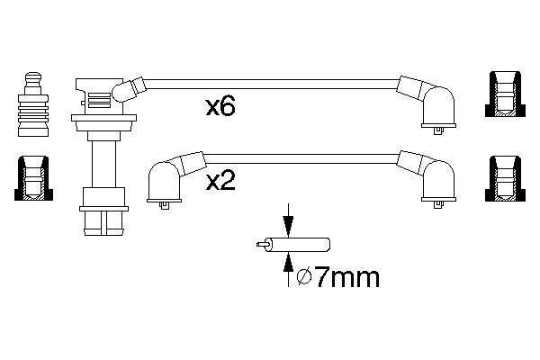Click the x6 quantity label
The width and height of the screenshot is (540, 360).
click(220, 106)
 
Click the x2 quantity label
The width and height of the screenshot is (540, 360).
click(220, 181)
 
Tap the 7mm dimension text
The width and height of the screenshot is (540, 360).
click(346, 277)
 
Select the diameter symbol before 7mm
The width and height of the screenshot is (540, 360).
click(304, 278)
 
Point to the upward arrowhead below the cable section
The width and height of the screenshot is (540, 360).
click(288, 265)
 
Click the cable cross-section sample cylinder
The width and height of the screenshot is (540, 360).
click(298, 245)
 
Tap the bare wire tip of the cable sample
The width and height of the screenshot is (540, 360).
click(261, 244)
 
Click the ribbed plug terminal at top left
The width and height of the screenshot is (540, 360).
click(33, 104)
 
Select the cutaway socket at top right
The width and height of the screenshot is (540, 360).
click(505, 94)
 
